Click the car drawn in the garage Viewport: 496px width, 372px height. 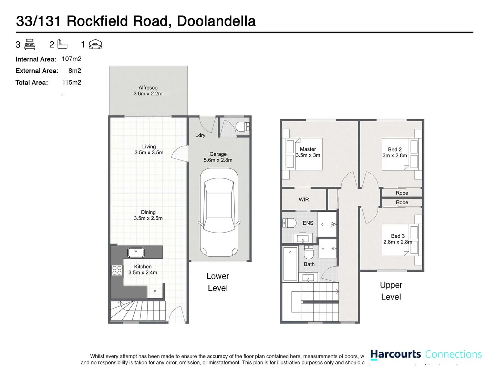[219, 213]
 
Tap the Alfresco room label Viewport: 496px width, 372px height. [148, 88]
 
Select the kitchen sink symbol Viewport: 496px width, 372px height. [136, 252]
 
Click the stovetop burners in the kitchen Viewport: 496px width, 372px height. [117, 270]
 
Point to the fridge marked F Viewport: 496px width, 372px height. [155, 292]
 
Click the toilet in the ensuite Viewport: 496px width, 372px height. [290, 223]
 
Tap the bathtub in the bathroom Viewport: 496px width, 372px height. [290, 263]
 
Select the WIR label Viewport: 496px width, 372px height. [304, 199]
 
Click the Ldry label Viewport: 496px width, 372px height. [200, 135]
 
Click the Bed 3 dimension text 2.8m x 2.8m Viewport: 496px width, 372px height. [397, 242]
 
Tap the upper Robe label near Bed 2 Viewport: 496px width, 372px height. [402, 193]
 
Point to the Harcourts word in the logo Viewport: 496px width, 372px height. [395, 354]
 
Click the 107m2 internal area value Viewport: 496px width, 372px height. [72, 59]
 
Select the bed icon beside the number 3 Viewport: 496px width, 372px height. [30, 44]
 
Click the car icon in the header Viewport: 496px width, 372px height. [95, 44]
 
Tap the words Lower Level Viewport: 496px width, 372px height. [218, 282]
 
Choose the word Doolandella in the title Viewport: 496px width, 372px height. [216, 21]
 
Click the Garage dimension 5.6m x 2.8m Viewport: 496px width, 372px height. [218, 160]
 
